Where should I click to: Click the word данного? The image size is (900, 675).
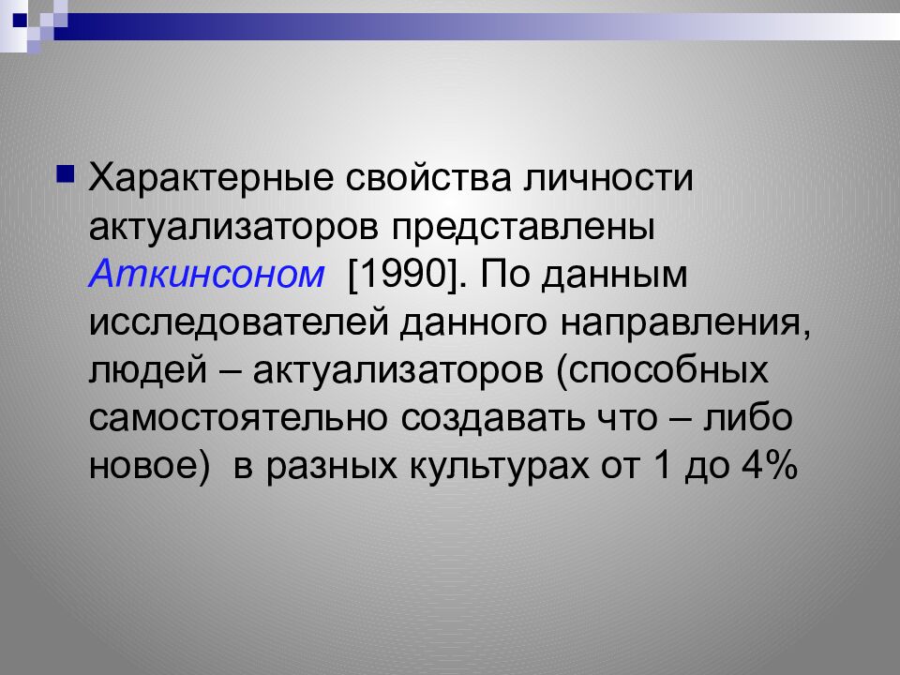pyautogui.click(x=475, y=323)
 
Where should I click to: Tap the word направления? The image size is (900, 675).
pyautogui.click(x=685, y=323)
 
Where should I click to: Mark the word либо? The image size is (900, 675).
pyautogui.click(x=740, y=419)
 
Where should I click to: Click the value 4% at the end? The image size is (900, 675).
pyautogui.click(x=767, y=467)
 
